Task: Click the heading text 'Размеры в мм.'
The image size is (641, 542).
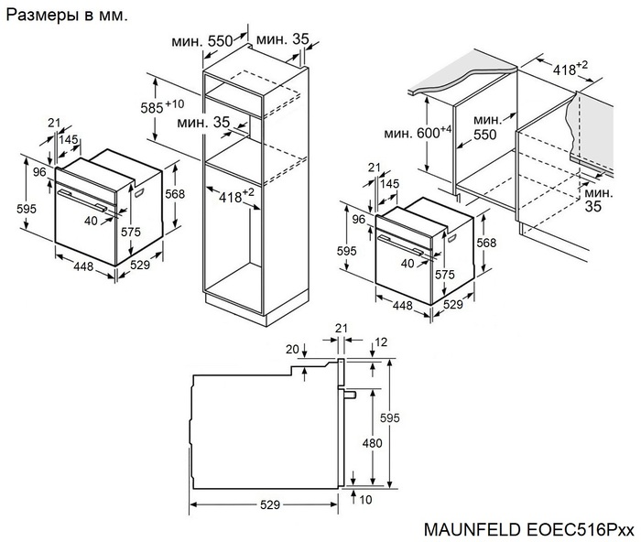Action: click(x=68, y=16)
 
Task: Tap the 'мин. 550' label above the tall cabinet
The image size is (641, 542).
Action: click(x=204, y=41)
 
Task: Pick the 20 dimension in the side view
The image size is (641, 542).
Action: click(x=291, y=349)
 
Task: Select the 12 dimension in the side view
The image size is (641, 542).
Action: click(x=381, y=342)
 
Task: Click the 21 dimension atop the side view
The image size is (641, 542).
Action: click(x=342, y=327)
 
